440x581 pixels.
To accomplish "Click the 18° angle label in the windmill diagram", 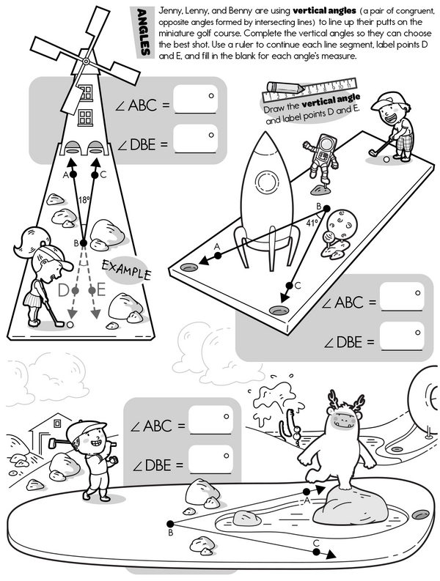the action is pyautogui.click(x=84, y=200).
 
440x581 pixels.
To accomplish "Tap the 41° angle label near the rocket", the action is pyautogui.click(x=312, y=223).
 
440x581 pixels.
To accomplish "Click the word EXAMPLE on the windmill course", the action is pyautogui.click(x=127, y=270).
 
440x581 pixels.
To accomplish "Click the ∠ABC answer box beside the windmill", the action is pyautogui.click(x=195, y=100).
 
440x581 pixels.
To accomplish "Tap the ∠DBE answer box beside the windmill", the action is pyautogui.click(x=195, y=138).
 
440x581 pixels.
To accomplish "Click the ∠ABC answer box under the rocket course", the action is pyautogui.click(x=402, y=297).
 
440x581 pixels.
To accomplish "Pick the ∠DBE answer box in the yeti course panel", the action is pyautogui.click(x=210, y=459).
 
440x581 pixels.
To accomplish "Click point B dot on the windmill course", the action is pyautogui.click(x=84, y=243).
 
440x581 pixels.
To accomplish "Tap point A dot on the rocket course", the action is pyautogui.click(x=218, y=255).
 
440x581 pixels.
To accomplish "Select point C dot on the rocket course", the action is pyautogui.click(x=289, y=285).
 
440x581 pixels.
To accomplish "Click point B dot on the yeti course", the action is pyautogui.click(x=170, y=524).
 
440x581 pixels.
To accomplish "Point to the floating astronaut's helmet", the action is pyautogui.click(x=326, y=143).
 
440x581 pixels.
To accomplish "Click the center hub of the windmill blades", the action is pyautogui.click(x=86, y=61).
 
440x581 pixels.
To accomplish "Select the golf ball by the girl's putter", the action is pyautogui.click(x=70, y=325).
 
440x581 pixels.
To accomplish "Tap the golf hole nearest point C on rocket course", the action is pyautogui.click(x=279, y=310).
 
